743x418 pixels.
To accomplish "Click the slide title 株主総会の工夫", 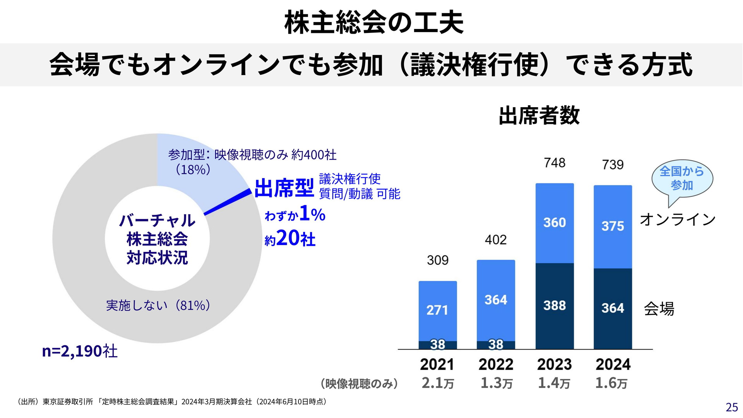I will pos(374,23).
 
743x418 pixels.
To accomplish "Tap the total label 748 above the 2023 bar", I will pos(555,163).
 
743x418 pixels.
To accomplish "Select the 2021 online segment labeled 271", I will pos(438,310).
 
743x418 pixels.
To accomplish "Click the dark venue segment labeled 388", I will pos(555,305).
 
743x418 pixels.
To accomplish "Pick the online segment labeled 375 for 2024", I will pos(613,226).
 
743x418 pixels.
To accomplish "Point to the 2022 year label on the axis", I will pos(496,364).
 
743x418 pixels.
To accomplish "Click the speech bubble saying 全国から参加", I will pos(682,178).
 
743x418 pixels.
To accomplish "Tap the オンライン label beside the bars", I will pos(678,219).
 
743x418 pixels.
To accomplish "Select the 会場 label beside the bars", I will pos(659,308).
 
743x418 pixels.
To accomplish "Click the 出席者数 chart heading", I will pos(539,115).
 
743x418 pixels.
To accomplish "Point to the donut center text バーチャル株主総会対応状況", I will pos(157,239).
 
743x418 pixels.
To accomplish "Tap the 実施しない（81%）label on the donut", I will pos(158,305).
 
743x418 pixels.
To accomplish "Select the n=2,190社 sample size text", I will pos(80,351).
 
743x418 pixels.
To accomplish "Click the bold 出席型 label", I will pos(284,188).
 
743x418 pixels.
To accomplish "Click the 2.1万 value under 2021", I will pos(438,383).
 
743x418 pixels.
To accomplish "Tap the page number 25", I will pos(731,407).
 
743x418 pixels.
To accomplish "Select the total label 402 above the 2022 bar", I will pos(496,240).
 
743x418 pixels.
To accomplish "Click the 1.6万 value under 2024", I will pos(611,383).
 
